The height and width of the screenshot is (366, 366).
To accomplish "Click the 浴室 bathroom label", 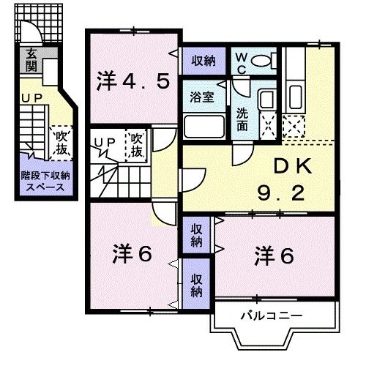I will (203, 97).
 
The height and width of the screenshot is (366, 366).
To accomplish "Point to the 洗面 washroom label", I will (242, 119).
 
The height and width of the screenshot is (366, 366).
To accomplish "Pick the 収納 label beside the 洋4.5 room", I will (203, 61).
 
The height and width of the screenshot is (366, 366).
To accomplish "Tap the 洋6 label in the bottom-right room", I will (274, 256).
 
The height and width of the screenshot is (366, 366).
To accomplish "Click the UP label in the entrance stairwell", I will (29, 97).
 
